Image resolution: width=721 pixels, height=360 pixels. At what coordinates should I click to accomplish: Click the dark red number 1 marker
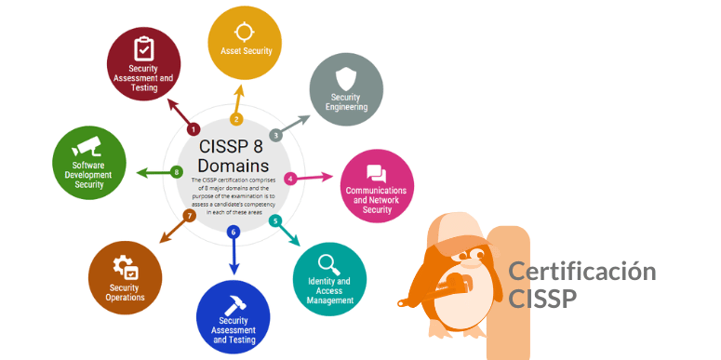[194, 129]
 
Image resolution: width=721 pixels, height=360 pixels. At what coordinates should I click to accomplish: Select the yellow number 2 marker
[236, 119]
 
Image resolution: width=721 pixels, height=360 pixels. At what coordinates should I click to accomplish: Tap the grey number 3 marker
[275, 136]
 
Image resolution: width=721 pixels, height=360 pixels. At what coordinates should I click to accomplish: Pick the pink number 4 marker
[290, 178]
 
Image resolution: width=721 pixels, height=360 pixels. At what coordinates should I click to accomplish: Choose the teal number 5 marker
[274, 220]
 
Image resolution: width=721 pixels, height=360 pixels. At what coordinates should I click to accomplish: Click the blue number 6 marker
[234, 232]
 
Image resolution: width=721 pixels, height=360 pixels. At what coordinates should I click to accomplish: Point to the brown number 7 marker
[189, 216]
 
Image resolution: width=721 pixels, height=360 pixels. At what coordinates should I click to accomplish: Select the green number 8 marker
[177, 172]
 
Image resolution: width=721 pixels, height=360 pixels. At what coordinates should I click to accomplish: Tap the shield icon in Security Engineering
[346, 78]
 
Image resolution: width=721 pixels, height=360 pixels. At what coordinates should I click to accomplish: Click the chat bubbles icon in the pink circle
[376, 173]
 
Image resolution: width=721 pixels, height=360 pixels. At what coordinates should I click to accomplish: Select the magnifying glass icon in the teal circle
[329, 263]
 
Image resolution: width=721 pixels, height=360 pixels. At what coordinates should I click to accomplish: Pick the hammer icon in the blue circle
[234, 301]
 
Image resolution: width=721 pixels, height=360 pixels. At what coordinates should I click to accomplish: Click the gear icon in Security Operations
[125, 267]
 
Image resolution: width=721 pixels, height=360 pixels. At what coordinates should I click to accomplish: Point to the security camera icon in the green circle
[88, 146]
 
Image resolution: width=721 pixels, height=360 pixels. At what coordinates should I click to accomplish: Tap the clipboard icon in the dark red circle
[143, 48]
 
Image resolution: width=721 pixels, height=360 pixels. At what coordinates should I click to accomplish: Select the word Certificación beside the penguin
[581, 272]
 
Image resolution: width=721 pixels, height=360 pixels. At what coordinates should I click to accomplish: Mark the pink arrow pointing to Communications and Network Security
[316, 177]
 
